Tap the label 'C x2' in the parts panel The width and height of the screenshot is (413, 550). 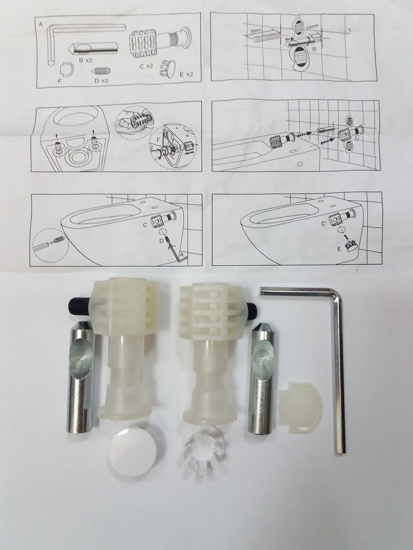(x=146, y=67)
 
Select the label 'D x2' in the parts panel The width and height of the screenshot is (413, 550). (x=101, y=81)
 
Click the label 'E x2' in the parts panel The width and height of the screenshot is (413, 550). (x=186, y=75)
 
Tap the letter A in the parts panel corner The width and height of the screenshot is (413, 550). (x=41, y=25)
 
